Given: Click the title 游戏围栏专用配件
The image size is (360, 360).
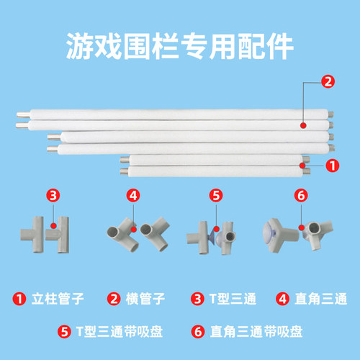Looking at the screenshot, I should coord(179,48).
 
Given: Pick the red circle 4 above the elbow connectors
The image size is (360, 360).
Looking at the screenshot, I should coord(133,194).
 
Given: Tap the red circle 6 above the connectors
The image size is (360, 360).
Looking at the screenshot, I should coord(301,194).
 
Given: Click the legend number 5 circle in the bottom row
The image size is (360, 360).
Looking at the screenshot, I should coord(63,332).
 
